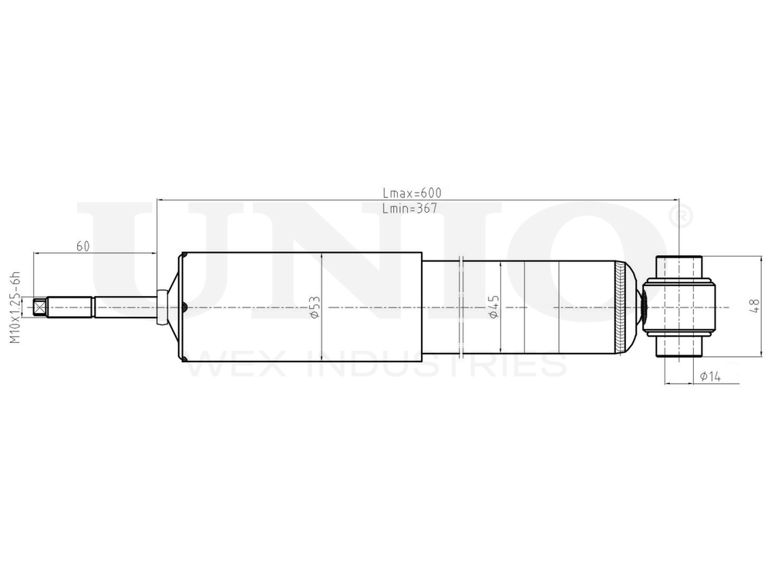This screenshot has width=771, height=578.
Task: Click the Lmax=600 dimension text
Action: click(412, 193)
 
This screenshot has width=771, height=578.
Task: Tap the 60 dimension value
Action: click(82, 246)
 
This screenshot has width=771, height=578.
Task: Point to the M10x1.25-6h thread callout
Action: click(13, 307)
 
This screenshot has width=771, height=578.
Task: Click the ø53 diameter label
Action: click(315, 307)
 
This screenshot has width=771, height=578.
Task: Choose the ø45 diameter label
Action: click(494, 307)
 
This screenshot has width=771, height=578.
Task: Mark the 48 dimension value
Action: click(753, 307)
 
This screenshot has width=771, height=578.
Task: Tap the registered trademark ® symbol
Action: click(681, 217)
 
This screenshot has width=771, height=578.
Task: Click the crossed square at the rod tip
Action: click(41, 307)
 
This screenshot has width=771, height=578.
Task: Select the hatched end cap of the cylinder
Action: click(621, 307)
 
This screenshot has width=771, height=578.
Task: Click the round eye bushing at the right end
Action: click(679, 307)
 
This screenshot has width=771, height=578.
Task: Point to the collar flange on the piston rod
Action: click(161, 307)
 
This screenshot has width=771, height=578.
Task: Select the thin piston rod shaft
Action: click(123, 307)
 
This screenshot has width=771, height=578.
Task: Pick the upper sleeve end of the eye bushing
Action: click(679, 267)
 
